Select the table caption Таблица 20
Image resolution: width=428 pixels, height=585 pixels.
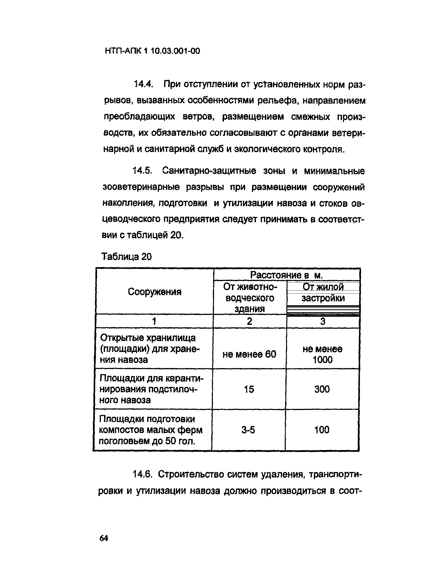click(x=126, y=257)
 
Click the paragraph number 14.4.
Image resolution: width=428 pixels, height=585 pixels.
click(x=143, y=84)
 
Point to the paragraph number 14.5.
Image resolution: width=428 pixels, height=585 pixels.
click(x=142, y=171)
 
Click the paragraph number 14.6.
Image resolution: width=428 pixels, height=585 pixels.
click(x=142, y=474)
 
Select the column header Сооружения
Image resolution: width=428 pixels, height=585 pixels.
click(x=154, y=292)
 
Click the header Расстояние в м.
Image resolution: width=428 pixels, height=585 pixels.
click(x=286, y=275)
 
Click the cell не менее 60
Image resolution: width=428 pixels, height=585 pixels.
click(x=249, y=354)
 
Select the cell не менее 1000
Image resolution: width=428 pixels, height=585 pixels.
click(x=322, y=354)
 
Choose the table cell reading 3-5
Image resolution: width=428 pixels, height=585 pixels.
click(x=248, y=430)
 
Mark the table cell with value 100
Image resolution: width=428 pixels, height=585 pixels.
click(x=322, y=430)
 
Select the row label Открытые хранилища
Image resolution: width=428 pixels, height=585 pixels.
click(x=148, y=338)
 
